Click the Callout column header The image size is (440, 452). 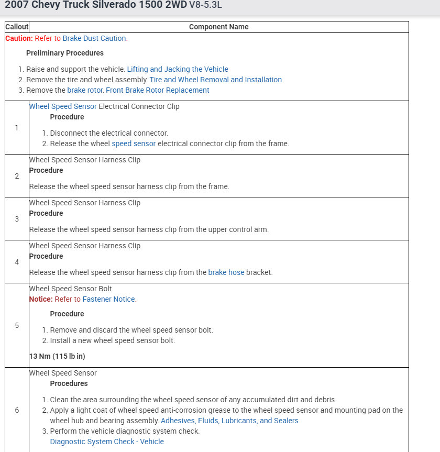point(17,27)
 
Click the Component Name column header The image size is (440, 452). point(218,27)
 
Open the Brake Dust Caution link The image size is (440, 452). point(94,38)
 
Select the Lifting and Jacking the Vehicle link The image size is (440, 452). point(178,69)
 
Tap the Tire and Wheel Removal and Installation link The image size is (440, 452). point(215,80)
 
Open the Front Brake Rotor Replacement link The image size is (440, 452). point(157,90)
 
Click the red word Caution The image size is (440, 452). point(19,38)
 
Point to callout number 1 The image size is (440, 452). point(17,128)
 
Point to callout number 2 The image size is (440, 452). point(17,176)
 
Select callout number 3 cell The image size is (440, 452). point(17,219)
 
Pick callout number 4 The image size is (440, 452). point(17,262)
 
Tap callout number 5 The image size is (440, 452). point(17,325)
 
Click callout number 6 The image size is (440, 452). point(17,410)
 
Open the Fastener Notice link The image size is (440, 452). point(109,299)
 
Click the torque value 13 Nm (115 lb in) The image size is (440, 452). point(57,356)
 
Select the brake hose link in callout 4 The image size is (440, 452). point(226,272)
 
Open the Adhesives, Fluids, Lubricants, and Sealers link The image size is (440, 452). point(229,421)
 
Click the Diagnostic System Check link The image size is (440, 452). point(107,442)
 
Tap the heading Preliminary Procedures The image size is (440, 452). point(65,53)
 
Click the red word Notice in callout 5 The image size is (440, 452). point(41,299)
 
